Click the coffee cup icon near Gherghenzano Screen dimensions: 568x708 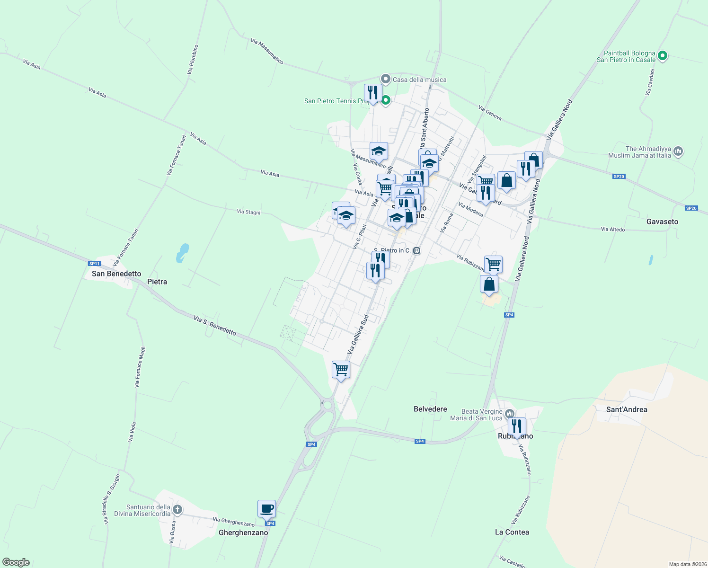pos(266,509)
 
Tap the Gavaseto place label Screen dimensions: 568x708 pos(662,222)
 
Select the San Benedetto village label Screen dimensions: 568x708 pos(116,274)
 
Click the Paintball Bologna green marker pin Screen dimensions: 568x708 pos(663,56)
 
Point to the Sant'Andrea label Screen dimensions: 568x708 pos(627,409)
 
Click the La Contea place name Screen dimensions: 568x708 pos(512,532)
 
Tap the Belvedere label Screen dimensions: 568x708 pos(430,409)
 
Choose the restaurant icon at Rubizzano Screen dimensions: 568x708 pos(516,426)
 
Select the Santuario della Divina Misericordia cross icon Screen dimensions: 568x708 pos(177,510)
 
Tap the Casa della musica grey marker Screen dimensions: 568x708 pos(386,79)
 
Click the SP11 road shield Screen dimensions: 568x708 pos(95,264)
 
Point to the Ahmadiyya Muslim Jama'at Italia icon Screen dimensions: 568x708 pos(678,151)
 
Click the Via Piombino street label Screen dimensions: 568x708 pos(193,60)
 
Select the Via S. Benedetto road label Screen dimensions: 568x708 pos(215,326)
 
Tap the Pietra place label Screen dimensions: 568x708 pos(157,282)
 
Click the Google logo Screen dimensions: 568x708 pos(16,562)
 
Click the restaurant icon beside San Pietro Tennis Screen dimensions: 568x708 pos(372,93)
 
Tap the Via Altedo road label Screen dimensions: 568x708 pos(613,230)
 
